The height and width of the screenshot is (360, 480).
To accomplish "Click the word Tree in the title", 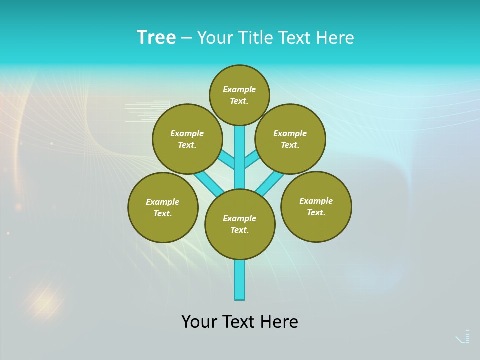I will click(x=156, y=38).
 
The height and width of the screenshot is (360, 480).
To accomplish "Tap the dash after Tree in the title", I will click(x=186, y=38).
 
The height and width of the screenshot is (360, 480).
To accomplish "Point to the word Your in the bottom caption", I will click(x=199, y=322).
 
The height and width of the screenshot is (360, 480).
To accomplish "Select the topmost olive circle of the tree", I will click(x=239, y=95).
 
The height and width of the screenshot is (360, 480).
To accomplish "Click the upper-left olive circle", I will click(x=187, y=139).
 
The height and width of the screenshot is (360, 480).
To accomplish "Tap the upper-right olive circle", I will click(x=290, y=139).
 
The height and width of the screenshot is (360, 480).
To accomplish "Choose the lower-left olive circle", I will click(x=163, y=207).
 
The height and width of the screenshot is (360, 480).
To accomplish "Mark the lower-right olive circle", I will click(x=316, y=206).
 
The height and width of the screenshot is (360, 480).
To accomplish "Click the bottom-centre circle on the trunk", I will click(x=240, y=224).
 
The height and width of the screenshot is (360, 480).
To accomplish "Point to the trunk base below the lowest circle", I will click(x=240, y=280).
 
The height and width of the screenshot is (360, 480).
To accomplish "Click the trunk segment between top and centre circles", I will click(x=240, y=157).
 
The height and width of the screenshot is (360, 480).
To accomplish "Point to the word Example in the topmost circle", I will click(x=239, y=89).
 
